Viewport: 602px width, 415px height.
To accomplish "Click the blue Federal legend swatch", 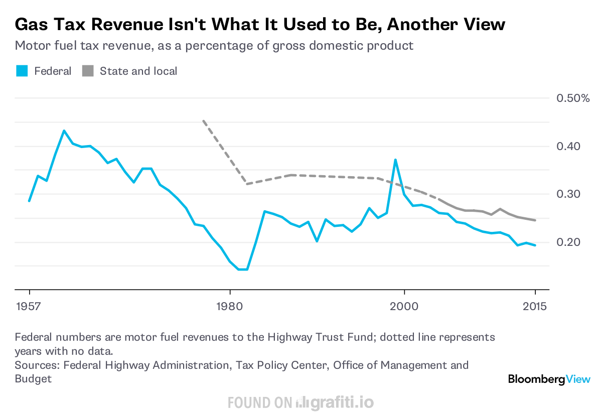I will [22, 71].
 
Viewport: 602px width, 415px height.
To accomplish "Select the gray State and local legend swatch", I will [88, 71].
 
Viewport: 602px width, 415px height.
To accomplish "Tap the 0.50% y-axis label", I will [573, 98].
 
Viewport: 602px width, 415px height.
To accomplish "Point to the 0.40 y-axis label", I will [568, 146].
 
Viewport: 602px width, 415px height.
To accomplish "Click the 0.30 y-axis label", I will [568, 194].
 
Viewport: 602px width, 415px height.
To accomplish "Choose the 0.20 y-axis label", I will [568, 242].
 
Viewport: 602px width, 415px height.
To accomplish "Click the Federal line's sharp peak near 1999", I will [395, 160].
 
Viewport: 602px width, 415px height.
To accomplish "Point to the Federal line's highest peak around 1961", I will [64, 131].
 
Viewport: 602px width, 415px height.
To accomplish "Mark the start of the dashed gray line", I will [203, 120].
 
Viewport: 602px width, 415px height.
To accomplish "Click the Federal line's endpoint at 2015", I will [535, 245].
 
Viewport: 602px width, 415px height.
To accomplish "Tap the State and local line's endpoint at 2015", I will [535, 220].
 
